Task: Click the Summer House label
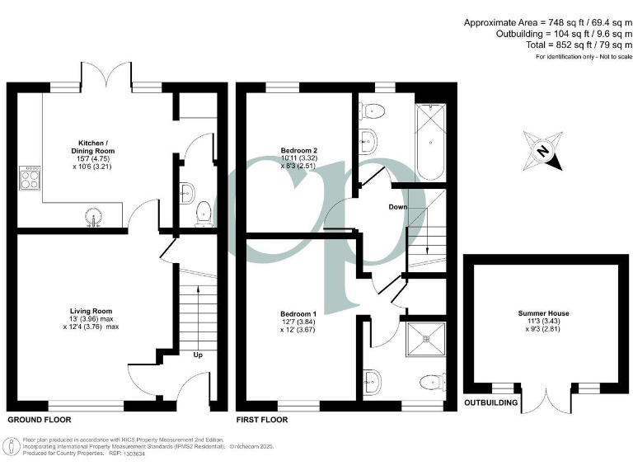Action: (543, 314)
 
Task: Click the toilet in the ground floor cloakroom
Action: (203, 213)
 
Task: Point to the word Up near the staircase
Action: (198, 355)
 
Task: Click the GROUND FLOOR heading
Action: (40, 420)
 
